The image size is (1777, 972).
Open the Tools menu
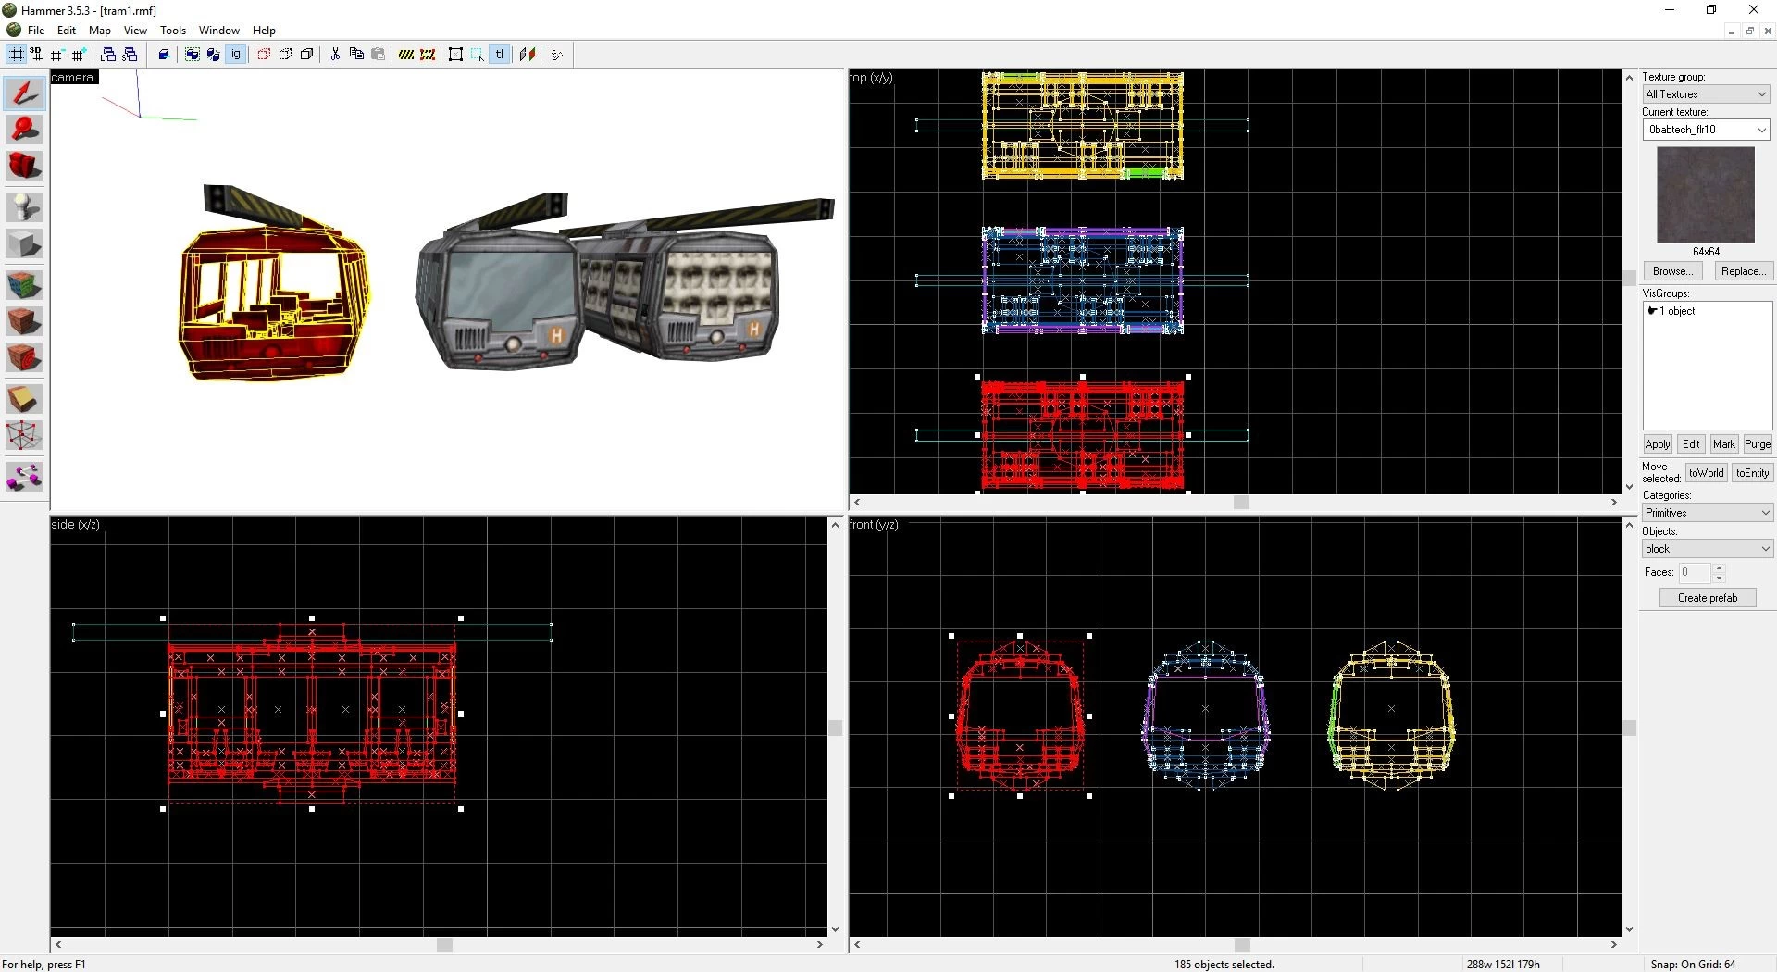pos(173,31)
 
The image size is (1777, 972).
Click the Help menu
pos(264,31)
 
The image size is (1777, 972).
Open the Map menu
pos(99,31)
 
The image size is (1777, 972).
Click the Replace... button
pos(1744,271)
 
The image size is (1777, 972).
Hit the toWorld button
pos(1706,473)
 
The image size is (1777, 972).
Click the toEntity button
pos(1752,473)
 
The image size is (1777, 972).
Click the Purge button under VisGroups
pos(1757,444)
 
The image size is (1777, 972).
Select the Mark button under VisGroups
pos(1723,444)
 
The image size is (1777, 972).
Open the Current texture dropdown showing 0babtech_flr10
pos(1707,130)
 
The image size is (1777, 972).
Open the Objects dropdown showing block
pos(1707,549)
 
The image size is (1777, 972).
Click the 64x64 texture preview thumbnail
pos(1705,195)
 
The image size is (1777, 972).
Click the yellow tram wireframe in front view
pos(1391,714)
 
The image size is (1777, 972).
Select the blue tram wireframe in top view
pos(1083,280)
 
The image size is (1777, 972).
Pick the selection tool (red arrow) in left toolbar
pos(24,93)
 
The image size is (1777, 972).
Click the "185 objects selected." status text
pos(1224,965)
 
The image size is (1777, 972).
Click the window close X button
pos(1753,10)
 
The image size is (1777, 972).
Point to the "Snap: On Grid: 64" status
pos(1693,965)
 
